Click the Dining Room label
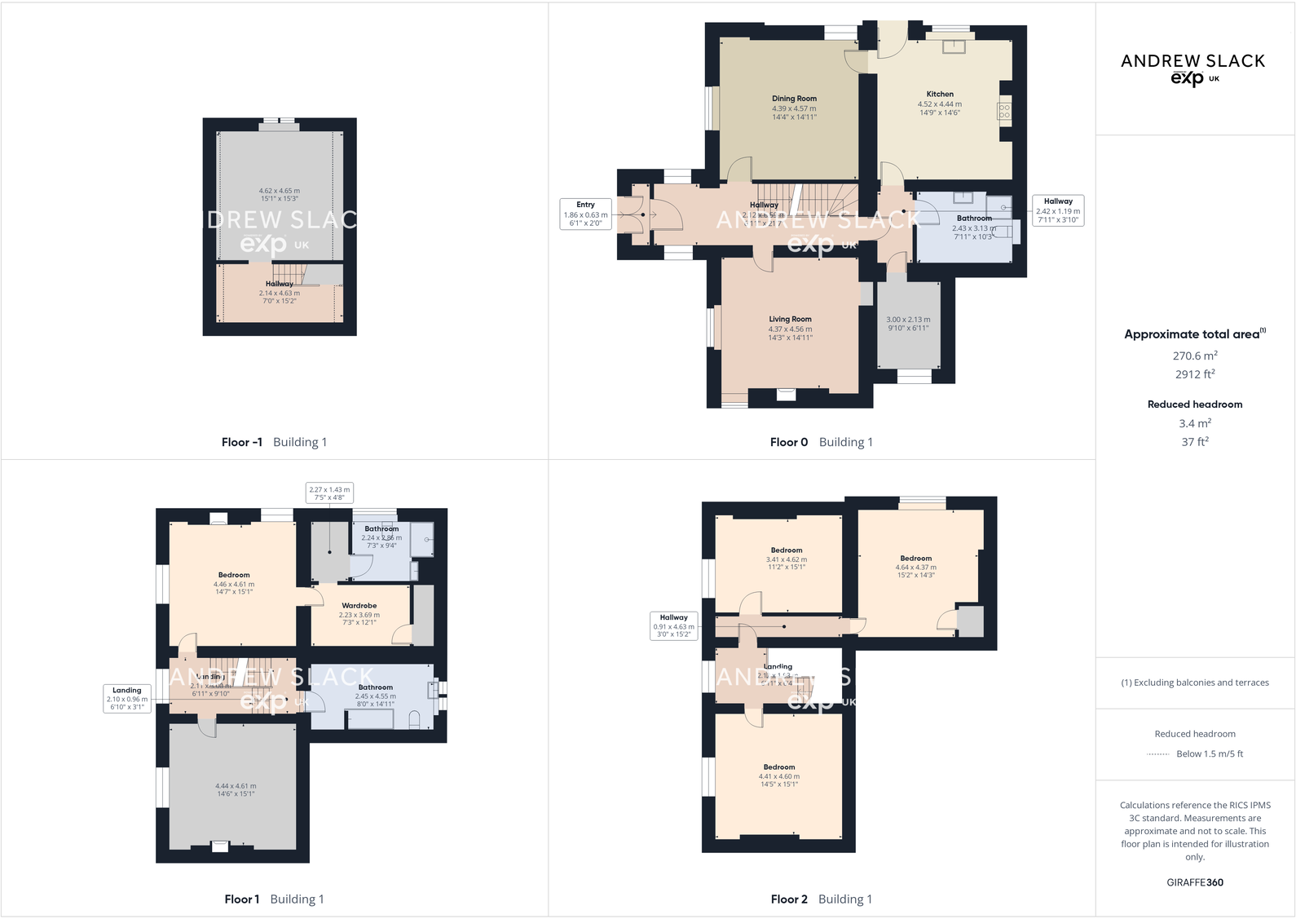[x=794, y=99]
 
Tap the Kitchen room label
[x=940, y=94]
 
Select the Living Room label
[x=790, y=320]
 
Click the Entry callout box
[x=585, y=214]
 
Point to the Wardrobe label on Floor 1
[x=359, y=606]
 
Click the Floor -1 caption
[x=242, y=442]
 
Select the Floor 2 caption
[x=789, y=899]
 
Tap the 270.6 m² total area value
[x=1195, y=356]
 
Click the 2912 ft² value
[x=1195, y=374]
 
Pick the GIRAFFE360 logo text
[x=1195, y=882]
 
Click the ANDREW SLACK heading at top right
[x=1192, y=61]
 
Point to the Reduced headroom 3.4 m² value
[x=1195, y=423]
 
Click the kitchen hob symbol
[x=1004, y=111]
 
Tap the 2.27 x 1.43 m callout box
[x=329, y=493]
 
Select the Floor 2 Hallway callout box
[x=673, y=625]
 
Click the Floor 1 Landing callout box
[x=127, y=698]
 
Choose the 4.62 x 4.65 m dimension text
[x=279, y=191]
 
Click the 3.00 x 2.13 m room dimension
[x=908, y=320]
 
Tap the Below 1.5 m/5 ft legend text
[x=1210, y=753]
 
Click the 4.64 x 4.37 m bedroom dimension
[x=915, y=568]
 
